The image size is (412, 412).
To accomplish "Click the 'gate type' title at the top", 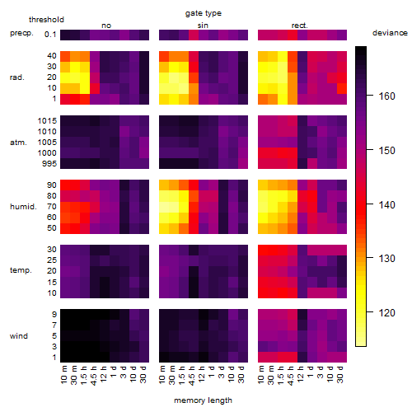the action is [x=204, y=13].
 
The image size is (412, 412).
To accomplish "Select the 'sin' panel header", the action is [x=203, y=26].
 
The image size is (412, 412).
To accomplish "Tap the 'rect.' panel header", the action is [x=300, y=26].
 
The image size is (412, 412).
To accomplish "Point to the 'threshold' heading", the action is [x=46, y=20].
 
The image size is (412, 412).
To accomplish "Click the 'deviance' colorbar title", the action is [x=390, y=33].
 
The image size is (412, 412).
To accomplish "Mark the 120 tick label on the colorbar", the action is [x=387, y=312].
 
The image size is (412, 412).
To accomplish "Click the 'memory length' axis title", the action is [x=204, y=400].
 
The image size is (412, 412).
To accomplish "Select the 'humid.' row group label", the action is [x=23, y=207].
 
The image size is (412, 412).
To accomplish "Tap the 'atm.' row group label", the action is [x=18, y=143].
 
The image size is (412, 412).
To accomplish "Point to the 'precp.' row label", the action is [x=21, y=34].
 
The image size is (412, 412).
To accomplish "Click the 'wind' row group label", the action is [x=19, y=336].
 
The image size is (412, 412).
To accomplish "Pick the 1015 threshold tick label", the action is [x=47, y=121].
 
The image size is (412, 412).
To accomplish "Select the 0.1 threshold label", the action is [x=50, y=35].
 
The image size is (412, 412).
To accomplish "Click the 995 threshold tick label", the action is [x=49, y=164].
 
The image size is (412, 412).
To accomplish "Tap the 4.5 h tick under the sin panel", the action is [x=192, y=376].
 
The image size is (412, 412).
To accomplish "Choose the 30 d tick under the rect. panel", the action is [x=340, y=375].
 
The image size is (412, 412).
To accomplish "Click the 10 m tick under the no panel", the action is [x=63, y=375].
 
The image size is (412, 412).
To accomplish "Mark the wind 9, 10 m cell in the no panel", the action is [x=65, y=314].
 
